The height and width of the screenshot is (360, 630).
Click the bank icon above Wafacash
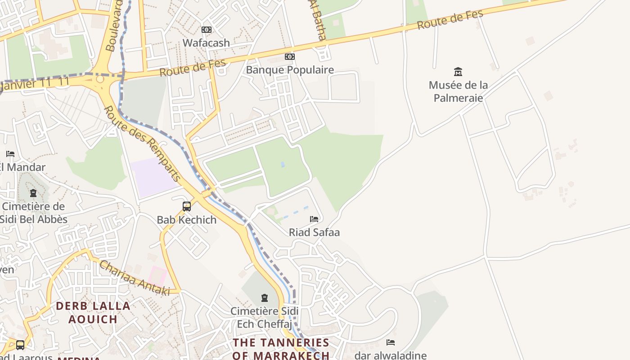pos(207,30)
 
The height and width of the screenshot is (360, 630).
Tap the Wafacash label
pos(206,43)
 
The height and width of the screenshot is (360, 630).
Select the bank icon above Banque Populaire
pos(290,57)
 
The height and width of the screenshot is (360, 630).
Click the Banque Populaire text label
pos(290,70)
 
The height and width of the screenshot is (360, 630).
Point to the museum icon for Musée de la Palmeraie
pos(458,72)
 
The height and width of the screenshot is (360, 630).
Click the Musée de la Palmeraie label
pos(458,91)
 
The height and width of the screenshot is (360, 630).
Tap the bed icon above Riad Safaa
pos(314,219)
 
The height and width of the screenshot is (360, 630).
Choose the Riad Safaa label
pos(314,232)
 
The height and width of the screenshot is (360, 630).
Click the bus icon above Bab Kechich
pos(187,207)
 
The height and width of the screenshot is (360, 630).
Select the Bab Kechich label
pos(186,220)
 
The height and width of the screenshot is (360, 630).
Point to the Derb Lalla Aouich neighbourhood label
pos(93,312)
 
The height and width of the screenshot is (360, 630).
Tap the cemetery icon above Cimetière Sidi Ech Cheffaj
pos(264,298)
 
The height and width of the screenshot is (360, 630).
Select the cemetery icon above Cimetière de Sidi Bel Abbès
pos(33,193)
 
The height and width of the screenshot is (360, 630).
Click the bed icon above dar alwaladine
pos(391,342)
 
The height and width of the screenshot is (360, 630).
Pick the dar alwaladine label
pos(390,355)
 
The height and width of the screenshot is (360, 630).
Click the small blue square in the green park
pos(283,164)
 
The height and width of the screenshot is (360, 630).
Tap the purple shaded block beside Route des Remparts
pos(153,177)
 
